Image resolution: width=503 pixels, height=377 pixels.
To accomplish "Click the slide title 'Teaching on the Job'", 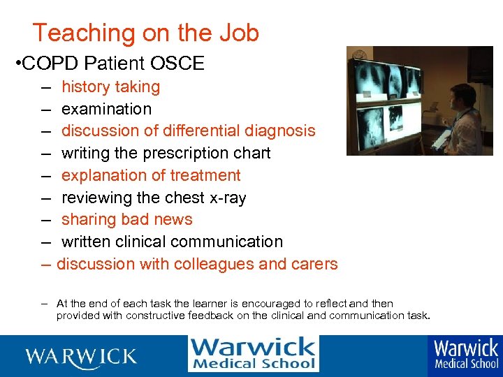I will click(x=145, y=33).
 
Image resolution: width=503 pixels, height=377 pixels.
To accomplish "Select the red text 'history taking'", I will click(x=110, y=87).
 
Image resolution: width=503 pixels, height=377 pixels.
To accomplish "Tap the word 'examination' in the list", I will click(x=106, y=109).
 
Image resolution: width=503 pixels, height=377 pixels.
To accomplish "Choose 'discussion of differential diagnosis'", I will click(x=188, y=131).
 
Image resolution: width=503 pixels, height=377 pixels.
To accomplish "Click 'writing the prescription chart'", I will click(x=166, y=153).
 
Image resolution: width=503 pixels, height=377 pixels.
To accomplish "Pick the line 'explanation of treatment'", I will click(x=151, y=175).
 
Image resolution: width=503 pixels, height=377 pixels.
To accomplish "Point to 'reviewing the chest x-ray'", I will click(x=154, y=198).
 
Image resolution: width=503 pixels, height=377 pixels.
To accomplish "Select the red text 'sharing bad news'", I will click(x=126, y=219).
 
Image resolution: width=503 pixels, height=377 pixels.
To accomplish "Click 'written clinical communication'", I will click(x=172, y=242).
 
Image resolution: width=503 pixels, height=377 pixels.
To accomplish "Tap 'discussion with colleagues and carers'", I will click(x=197, y=264).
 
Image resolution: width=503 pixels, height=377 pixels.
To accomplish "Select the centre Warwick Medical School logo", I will click(x=253, y=354).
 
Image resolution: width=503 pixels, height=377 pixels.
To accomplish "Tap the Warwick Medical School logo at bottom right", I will click(x=466, y=354).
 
